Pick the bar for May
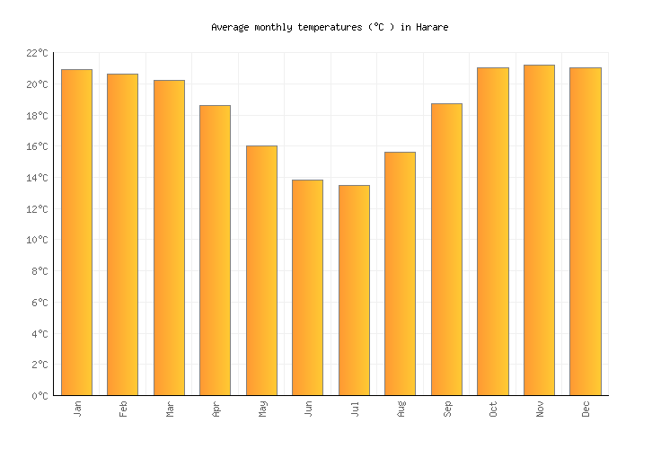point(261,270)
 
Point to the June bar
point(307,287)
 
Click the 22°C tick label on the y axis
point(36,54)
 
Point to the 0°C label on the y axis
point(39,396)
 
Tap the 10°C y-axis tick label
point(36,241)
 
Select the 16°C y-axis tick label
point(36,147)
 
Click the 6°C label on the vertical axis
point(39,303)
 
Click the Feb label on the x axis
point(123,409)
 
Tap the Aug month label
point(401,409)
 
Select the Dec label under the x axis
point(586,409)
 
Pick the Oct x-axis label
point(493,409)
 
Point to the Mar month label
point(169,409)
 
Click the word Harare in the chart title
point(431,28)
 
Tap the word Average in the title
point(230,28)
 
